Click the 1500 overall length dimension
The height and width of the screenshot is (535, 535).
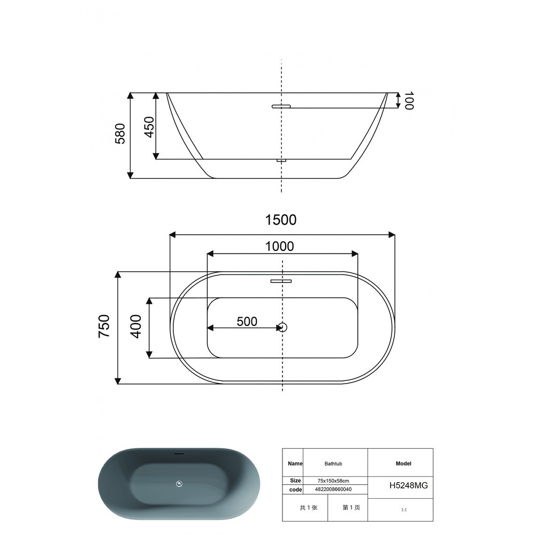click(281, 220)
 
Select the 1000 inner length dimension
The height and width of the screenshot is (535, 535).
click(279, 246)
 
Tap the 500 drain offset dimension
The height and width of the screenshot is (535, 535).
click(247, 322)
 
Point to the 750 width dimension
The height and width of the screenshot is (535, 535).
click(104, 326)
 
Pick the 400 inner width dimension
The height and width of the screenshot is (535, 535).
click(136, 326)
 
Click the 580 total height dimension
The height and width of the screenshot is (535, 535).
click(120, 134)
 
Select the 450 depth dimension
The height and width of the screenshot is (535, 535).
click(149, 127)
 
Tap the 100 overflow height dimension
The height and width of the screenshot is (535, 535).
click(408, 101)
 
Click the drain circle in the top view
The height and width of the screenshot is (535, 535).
click(282, 327)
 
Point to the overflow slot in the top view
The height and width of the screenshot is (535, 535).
click(281, 281)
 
